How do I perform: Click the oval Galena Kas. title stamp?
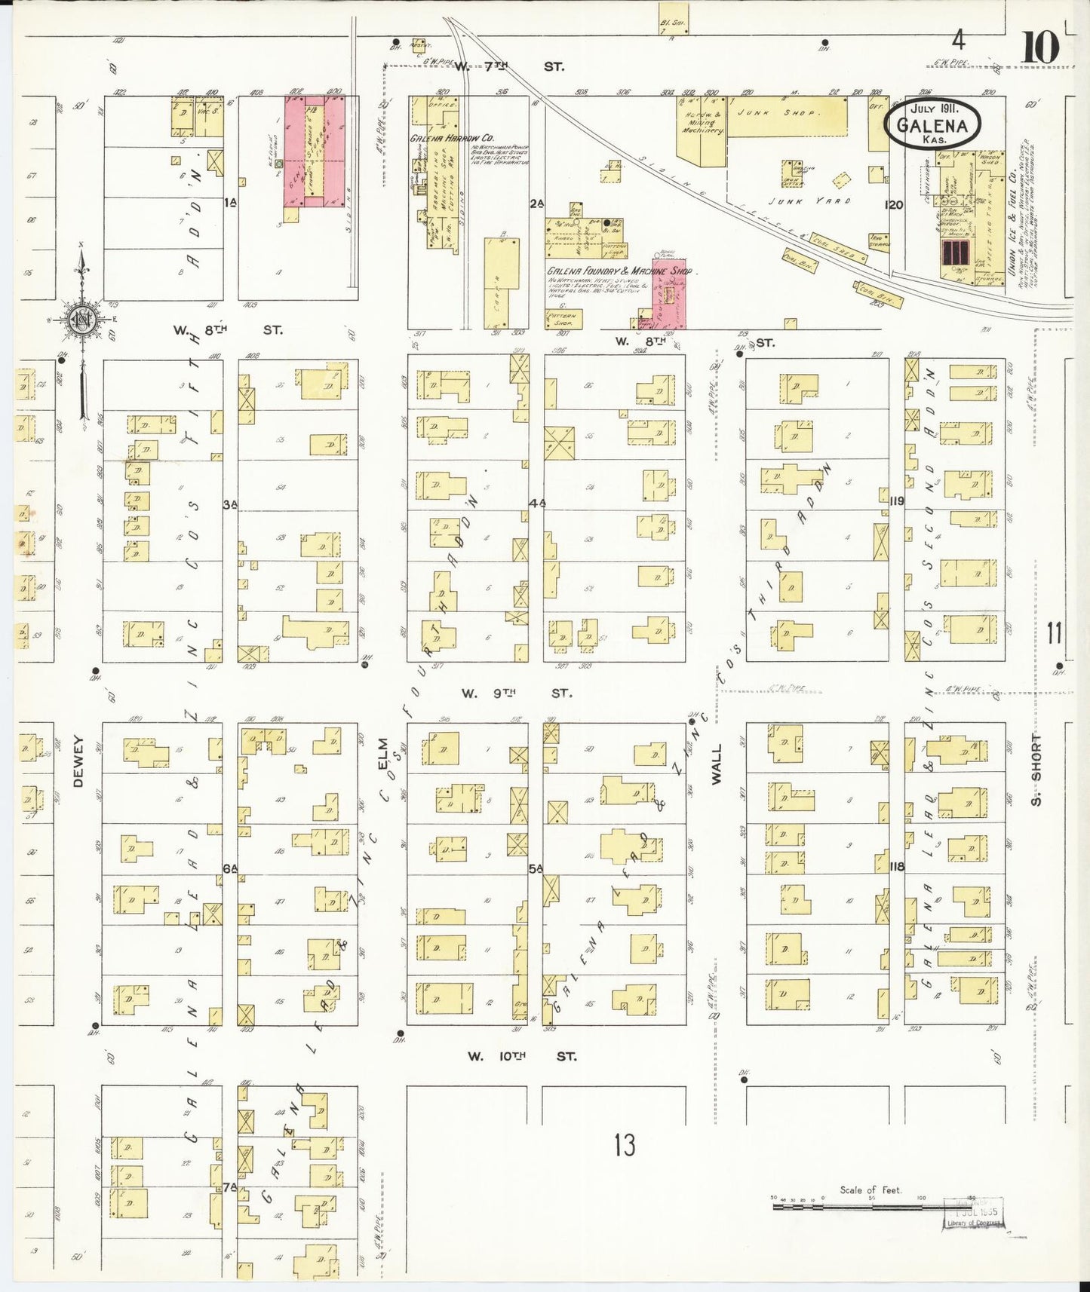click(933, 123)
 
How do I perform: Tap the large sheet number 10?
click(1040, 49)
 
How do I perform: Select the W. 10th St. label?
click(520, 1057)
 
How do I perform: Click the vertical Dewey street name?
click(78, 761)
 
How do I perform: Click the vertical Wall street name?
click(717, 764)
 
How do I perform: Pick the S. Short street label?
click(1036, 768)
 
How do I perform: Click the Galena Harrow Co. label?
click(452, 139)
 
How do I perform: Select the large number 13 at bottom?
click(624, 1145)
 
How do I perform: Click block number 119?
click(896, 501)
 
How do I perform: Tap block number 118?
click(896, 866)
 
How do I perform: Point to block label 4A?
click(536, 502)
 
